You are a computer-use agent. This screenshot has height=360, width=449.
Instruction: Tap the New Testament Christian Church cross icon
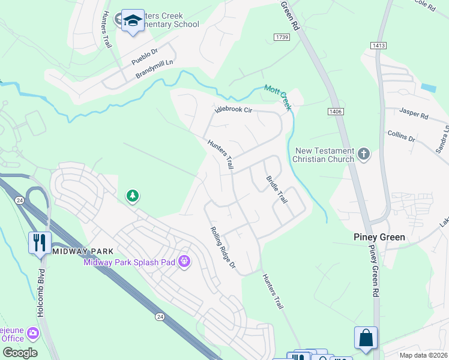(x=363, y=154)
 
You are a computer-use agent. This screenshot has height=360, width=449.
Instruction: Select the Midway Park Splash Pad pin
(x=184, y=262)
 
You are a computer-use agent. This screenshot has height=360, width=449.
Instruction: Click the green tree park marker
(x=132, y=196)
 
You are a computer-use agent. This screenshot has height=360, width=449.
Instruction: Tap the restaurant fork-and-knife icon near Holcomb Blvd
(x=40, y=243)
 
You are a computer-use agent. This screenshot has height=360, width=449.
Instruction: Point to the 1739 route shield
(x=283, y=37)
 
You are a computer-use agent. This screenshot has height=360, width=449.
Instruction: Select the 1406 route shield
(x=336, y=111)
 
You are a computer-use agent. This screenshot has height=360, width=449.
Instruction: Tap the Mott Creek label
(x=277, y=97)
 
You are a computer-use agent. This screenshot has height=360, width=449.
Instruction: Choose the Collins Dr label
(x=402, y=137)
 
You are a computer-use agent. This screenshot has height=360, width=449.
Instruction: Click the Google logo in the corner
(x=20, y=353)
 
